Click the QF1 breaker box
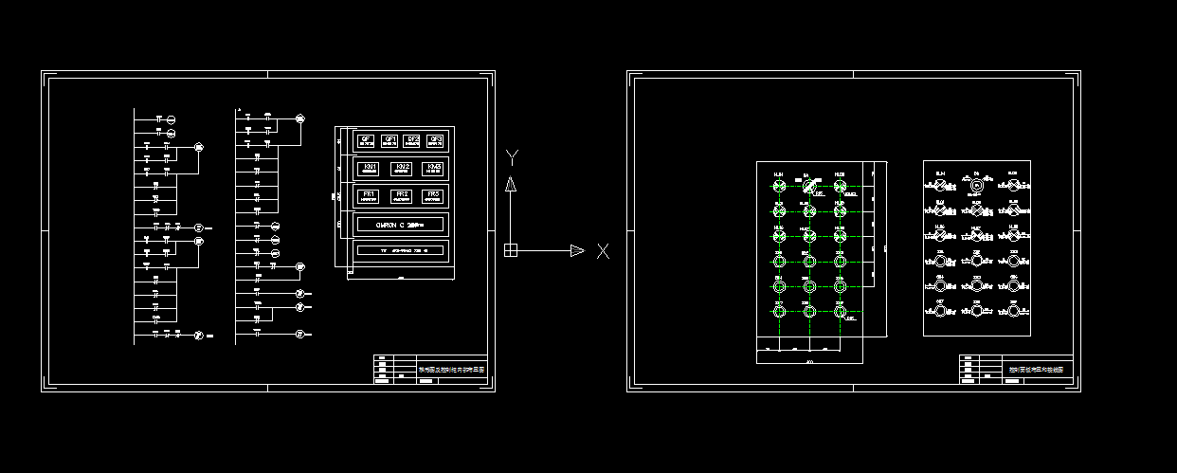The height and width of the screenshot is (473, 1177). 389,140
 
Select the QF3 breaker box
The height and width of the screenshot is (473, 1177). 435,140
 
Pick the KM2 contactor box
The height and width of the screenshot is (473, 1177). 402,168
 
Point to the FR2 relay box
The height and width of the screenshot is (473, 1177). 402,195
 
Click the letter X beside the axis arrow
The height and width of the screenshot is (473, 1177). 603,251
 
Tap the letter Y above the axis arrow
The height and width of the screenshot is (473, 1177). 511,156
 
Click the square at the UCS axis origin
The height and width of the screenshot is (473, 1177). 510,250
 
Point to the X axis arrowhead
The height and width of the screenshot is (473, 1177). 577,250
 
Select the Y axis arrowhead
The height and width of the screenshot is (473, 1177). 510,184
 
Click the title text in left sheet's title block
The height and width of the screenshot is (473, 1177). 452,369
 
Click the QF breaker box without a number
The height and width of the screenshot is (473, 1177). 366,140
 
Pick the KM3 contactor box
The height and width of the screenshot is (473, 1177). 433,168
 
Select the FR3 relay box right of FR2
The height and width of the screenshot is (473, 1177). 432,195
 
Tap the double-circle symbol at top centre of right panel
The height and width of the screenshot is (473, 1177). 976,185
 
